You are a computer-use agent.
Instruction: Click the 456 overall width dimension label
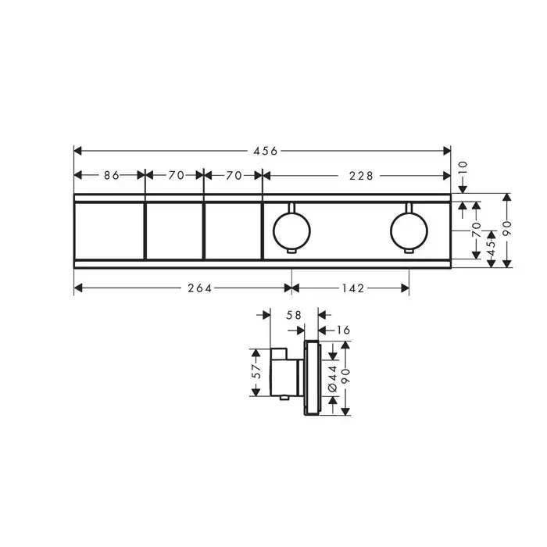coord(265,151)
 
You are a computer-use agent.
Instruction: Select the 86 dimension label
coord(112,175)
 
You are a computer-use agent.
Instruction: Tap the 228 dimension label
coord(361,176)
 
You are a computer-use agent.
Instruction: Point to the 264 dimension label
coord(200,288)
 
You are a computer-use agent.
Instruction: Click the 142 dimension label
coord(353,288)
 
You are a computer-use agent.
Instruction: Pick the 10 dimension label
coord(463,169)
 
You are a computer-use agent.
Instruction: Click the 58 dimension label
coord(293,315)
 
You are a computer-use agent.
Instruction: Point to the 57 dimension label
coord(256,371)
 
